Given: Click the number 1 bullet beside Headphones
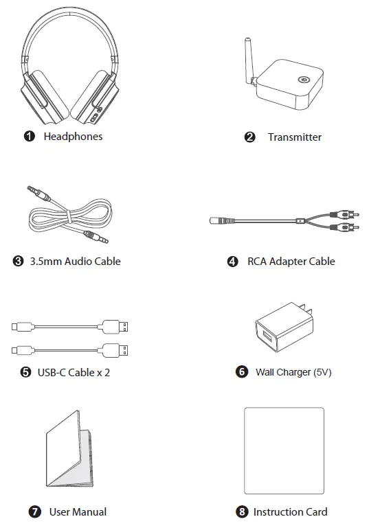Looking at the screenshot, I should click(30, 137).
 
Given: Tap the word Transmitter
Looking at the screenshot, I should click(294, 137).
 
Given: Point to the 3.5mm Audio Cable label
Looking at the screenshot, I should click(75, 261).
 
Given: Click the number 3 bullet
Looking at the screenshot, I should click(19, 261).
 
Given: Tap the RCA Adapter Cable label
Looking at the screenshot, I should click(291, 261).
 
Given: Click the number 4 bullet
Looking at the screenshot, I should click(233, 261).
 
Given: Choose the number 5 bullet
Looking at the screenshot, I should click(25, 372).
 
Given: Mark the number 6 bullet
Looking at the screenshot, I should click(241, 372).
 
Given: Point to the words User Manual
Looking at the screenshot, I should click(78, 511).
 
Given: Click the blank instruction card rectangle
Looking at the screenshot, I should click(283, 450).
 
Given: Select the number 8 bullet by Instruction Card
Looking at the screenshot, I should click(241, 511).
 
